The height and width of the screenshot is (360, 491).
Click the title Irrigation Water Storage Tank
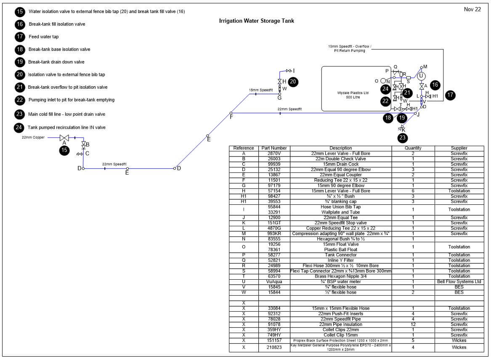[257, 21]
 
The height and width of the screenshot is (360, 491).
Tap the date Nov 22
[472, 9]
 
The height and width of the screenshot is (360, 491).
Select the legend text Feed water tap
[43, 37]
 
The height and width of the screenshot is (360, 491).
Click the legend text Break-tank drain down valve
[56, 62]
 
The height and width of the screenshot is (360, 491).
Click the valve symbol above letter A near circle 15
[64, 138]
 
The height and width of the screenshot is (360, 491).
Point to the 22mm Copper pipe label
[33, 138]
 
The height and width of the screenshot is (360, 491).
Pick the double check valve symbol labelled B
[84, 145]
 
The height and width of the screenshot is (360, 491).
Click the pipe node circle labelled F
[231, 113]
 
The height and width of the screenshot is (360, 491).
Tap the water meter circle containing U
[421, 76]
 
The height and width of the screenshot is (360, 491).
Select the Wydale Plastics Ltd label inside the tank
[353, 93]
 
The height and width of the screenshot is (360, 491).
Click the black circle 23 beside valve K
[402, 138]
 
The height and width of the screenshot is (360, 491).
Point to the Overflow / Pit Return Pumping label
[350, 48]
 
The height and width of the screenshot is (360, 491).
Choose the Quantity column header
[413, 148]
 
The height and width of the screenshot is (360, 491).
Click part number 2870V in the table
[274, 154]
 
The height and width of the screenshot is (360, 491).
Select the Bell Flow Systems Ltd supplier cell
[459, 281]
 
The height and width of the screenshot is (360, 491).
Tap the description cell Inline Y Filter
[341, 260]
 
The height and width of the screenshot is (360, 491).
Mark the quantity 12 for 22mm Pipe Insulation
[413, 324]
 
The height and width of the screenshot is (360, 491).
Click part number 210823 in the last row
[274, 347]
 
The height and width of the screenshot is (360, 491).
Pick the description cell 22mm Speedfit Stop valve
[341, 223]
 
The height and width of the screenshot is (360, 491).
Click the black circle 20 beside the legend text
[20, 74]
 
